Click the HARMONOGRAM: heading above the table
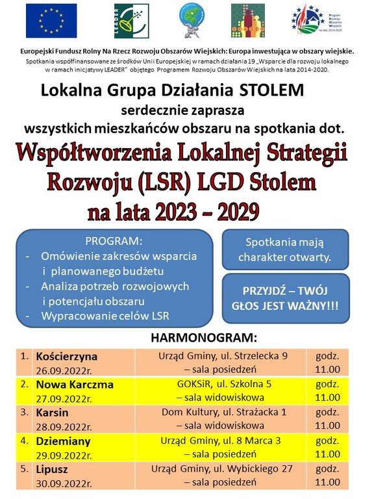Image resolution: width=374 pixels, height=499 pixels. coord(205,338)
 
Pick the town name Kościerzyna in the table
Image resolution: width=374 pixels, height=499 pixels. coord(67,356)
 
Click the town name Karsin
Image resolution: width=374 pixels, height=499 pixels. coord(53,413)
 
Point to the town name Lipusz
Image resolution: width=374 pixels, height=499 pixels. coord(53,468)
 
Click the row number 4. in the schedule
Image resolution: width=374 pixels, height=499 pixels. coord(24,441)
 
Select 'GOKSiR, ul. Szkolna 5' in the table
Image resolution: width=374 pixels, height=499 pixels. coord(224,384)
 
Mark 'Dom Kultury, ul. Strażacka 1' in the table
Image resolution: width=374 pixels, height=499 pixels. coord(224,413)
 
